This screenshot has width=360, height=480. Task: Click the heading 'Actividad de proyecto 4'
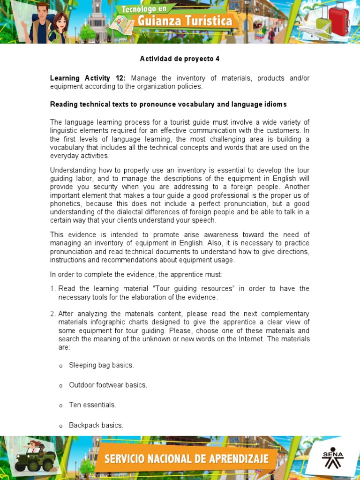click(180, 59)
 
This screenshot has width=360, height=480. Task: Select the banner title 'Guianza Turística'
click(184, 21)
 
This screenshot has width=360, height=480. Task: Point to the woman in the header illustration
click(60, 27)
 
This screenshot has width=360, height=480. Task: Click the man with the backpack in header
click(41, 22)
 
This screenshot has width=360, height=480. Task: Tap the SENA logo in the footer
click(332, 458)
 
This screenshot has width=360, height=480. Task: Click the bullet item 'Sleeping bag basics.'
click(101, 365)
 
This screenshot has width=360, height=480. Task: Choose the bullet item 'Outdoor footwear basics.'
click(108, 385)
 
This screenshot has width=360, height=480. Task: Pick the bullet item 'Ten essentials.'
click(92, 405)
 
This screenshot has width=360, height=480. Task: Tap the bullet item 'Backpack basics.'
click(96, 425)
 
